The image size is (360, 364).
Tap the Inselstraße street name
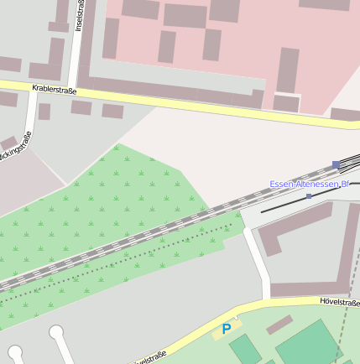[x=80, y=16]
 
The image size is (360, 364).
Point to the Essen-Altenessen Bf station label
[x=309, y=184]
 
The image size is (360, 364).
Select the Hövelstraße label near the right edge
[x=339, y=301]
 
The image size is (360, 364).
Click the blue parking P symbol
[x=226, y=330]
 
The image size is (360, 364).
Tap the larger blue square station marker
[x=337, y=165]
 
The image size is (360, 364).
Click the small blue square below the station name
[x=309, y=196]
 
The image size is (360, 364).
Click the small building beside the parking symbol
[x=279, y=324]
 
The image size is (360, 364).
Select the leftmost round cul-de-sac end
[x=14, y=352]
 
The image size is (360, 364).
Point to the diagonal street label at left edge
[x=16, y=149]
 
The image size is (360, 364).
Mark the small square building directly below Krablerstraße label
[x=44, y=112]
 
